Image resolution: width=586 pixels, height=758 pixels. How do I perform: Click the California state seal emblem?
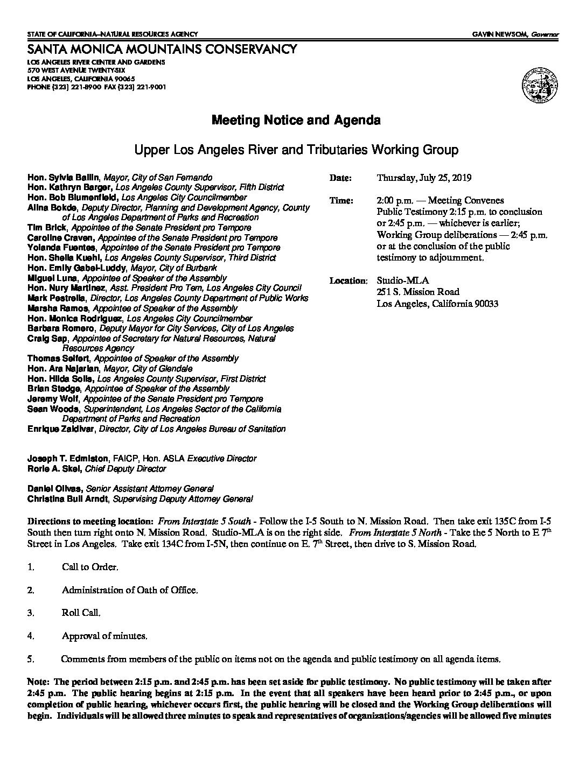(539, 85)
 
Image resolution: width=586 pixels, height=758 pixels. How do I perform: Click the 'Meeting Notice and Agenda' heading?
(296, 120)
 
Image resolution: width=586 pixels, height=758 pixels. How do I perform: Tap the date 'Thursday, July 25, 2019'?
(424, 178)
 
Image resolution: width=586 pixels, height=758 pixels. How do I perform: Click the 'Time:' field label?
(341, 201)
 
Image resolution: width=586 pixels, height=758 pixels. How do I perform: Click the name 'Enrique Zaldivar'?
(61, 429)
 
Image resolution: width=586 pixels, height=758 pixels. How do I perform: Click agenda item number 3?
(31, 613)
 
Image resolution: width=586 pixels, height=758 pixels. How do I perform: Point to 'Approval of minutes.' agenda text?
(104, 636)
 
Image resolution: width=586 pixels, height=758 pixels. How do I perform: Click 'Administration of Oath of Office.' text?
(130, 590)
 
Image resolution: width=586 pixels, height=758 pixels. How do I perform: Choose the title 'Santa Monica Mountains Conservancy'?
(162, 50)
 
